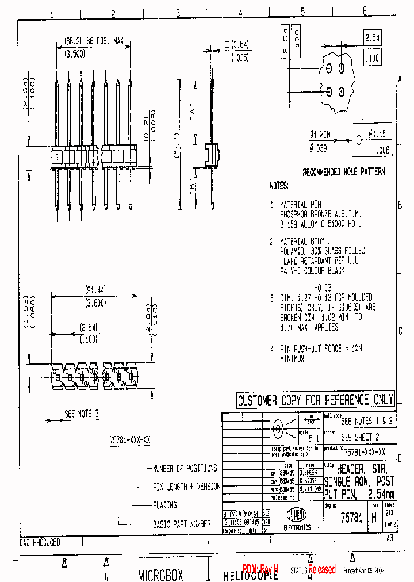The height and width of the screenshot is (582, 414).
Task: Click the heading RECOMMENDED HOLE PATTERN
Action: pos(344,172)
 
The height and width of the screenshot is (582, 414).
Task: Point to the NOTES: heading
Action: pos(278,186)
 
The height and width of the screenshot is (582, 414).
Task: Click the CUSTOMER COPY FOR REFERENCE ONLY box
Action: pos(315,400)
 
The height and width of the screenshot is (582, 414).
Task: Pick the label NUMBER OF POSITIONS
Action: pos(185,468)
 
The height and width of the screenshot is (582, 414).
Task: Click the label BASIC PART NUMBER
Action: pos(182,524)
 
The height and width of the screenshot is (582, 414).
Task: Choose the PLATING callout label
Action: pos(165,505)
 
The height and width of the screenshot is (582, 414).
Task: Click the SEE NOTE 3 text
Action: pos(81,413)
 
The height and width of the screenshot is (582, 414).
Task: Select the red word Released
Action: pos(322,569)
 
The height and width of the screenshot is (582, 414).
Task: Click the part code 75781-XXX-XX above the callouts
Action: pos(131,439)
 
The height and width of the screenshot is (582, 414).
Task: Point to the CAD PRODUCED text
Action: pos(40,542)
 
